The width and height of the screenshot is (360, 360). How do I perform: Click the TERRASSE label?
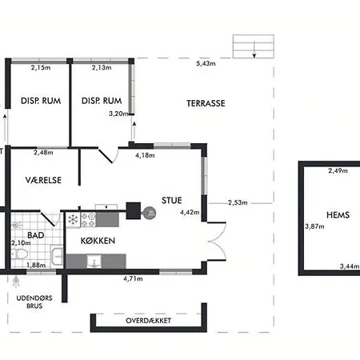[x=206, y=103]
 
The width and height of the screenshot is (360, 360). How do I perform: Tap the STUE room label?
[x=172, y=200]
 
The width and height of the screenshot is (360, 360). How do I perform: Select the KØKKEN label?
[x=98, y=241]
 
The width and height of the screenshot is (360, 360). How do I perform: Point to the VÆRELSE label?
[x=43, y=180]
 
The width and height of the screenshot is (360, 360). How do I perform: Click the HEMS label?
[x=338, y=214]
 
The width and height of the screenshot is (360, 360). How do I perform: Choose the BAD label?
[x=36, y=235]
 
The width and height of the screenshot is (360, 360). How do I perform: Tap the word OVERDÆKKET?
[x=148, y=321]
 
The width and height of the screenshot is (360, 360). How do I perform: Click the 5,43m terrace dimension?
[x=206, y=63]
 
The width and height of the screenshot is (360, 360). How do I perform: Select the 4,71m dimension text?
[x=133, y=278]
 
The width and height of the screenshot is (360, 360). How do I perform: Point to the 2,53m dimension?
[x=238, y=202]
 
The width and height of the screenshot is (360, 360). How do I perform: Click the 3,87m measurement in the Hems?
[x=314, y=226]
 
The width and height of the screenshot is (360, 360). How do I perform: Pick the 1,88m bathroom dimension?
[x=36, y=265]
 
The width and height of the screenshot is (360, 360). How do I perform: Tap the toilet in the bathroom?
[x=20, y=254]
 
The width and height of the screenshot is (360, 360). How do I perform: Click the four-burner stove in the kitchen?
[x=88, y=220]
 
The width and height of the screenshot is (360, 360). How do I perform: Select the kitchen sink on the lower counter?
[x=94, y=262]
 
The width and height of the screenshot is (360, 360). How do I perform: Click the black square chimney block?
[x=133, y=210]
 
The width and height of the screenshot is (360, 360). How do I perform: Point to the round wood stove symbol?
[x=150, y=213]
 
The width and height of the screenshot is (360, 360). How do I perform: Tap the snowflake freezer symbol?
[x=73, y=220]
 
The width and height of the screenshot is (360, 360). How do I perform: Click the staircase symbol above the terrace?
[x=254, y=46]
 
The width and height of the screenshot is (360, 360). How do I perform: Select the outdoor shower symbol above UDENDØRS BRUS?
[x=16, y=282]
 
